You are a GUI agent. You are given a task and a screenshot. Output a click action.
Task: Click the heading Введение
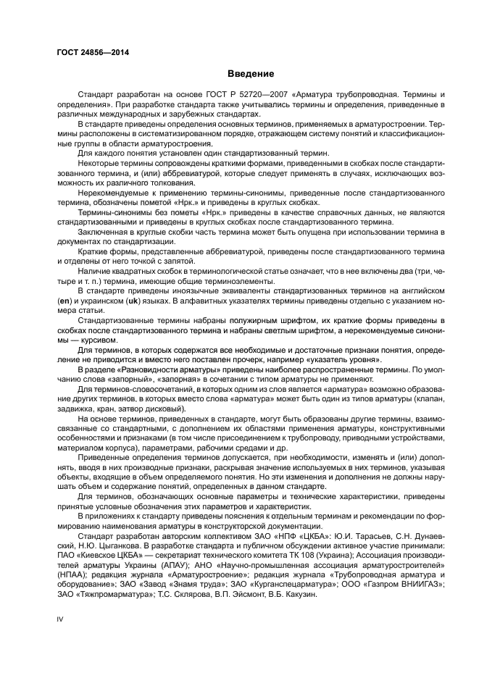pos(251,74)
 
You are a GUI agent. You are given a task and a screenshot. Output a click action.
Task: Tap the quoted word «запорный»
pos(134,379)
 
